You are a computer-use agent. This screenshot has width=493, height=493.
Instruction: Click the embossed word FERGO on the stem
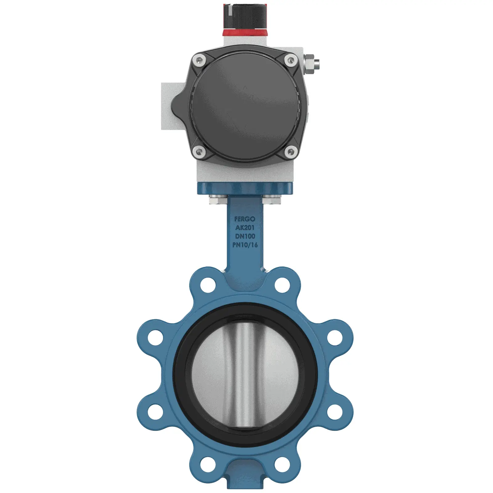pos(245,219)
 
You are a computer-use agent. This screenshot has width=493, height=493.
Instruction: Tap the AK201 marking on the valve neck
pos(245,228)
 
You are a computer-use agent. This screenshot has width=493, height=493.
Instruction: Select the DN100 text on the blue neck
pos(245,236)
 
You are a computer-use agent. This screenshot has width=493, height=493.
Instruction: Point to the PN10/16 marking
pos(245,245)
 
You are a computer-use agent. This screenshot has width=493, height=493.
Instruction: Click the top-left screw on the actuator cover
pos(199,61)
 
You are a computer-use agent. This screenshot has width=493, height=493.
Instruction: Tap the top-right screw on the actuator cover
pos(291,60)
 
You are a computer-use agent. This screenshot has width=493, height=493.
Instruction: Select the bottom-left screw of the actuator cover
pos(199,152)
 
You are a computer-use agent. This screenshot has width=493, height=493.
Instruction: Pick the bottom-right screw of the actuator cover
pos(291,151)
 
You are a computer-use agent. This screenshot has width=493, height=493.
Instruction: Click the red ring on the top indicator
pos(245,32)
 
